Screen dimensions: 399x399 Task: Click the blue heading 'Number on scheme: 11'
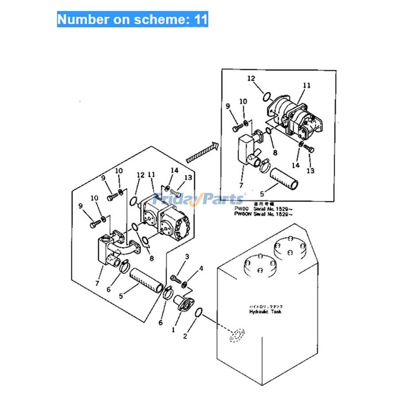[132, 20]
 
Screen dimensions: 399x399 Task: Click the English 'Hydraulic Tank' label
[265, 312]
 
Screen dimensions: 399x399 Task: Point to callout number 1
[174, 330]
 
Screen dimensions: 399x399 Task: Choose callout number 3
[187, 257]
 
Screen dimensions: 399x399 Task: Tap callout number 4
[201, 268]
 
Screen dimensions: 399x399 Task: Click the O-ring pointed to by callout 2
[199, 313]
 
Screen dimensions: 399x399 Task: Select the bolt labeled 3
[175, 279]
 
